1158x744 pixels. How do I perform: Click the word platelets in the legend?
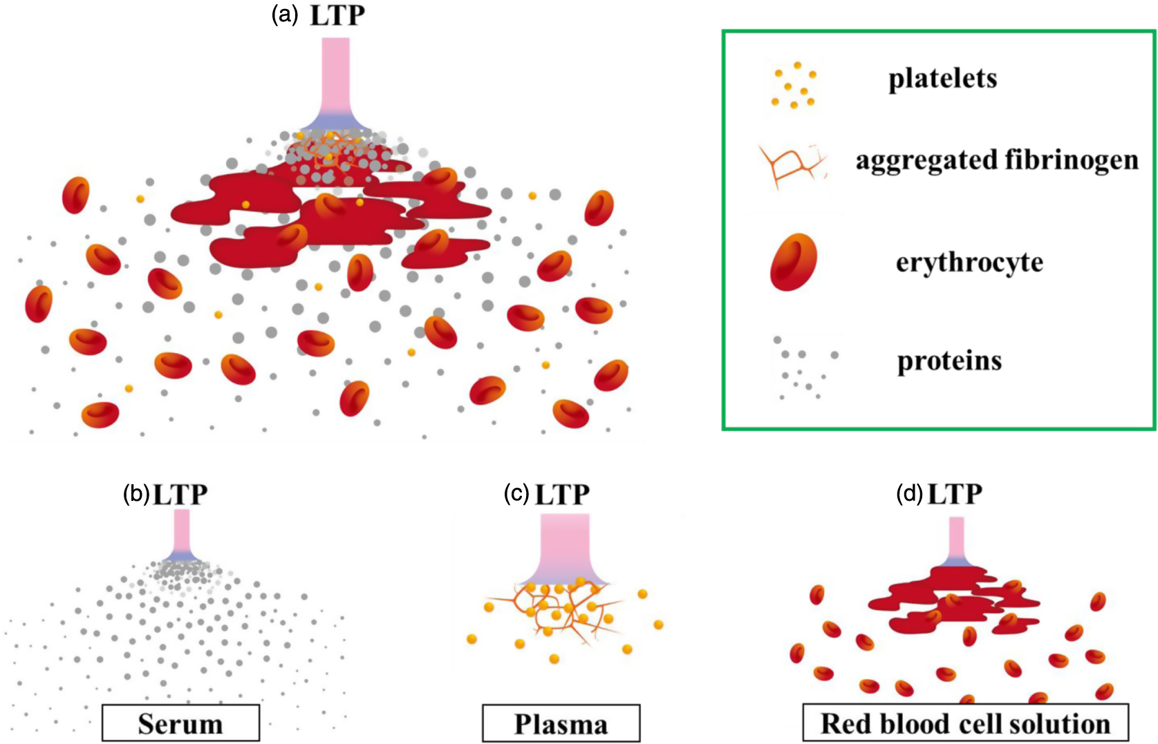click(942, 79)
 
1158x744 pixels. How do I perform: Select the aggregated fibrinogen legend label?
click(996, 160)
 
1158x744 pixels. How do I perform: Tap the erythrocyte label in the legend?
click(969, 263)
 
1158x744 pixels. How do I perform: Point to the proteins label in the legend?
click(949, 361)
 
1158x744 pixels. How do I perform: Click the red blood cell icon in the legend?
click(794, 262)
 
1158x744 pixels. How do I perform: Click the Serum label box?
click(180, 723)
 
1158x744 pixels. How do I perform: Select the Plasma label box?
click(561, 723)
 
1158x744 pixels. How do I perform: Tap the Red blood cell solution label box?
click(965, 723)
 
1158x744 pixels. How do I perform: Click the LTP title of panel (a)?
click(337, 15)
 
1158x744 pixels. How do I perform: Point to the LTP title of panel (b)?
click(180, 495)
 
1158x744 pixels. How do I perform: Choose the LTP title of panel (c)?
click(562, 495)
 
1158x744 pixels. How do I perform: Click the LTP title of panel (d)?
click(955, 494)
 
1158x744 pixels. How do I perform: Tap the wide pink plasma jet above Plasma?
click(565, 546)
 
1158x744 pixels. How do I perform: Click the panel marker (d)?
click(909, 494)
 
